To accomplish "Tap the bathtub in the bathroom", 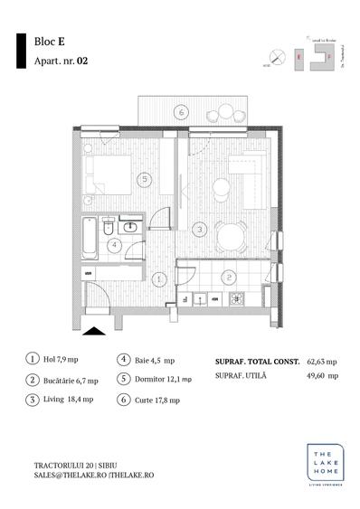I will (90, 240).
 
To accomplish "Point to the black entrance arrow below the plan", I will (93, 332).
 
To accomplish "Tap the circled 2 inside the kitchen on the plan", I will (229, 277).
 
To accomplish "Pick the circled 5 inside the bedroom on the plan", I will (144, 179).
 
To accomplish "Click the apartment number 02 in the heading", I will (82, 61).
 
